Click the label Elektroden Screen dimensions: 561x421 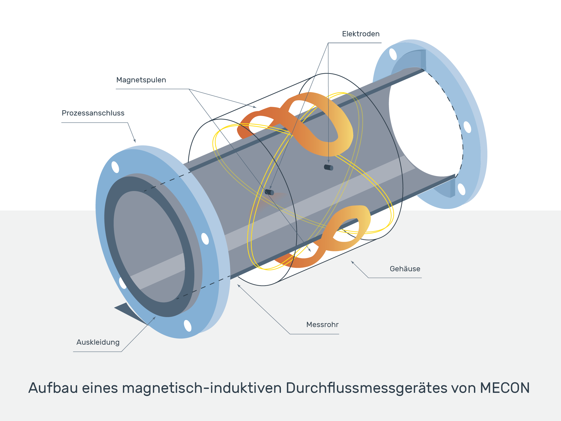click(361, 34)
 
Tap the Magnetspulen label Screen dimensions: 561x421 click(141, 80)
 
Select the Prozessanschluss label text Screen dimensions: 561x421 click(93, 113)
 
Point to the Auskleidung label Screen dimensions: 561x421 click(98, 342)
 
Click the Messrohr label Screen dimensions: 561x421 click(322, 325)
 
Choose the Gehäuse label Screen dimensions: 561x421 click(405, 269)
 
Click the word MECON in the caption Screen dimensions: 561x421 click(505, 388)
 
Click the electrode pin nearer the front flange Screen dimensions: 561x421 click(269, 192)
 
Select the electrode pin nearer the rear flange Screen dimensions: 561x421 click(328, 167)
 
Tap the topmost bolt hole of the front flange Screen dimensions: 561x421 click(115, 167)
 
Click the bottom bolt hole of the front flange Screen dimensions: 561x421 click(188, 326)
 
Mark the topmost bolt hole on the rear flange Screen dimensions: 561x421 click(393, 54)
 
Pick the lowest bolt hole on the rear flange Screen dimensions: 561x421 click(462, 189)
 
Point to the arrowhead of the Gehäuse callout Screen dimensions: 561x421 click(352, 262)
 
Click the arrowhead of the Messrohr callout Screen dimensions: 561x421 click(239, 286)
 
